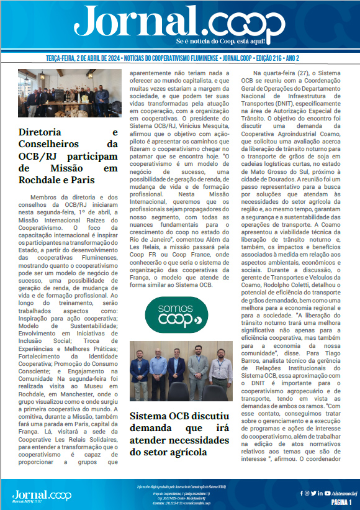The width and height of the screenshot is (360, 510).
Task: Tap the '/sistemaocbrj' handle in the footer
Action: point(338,493)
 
